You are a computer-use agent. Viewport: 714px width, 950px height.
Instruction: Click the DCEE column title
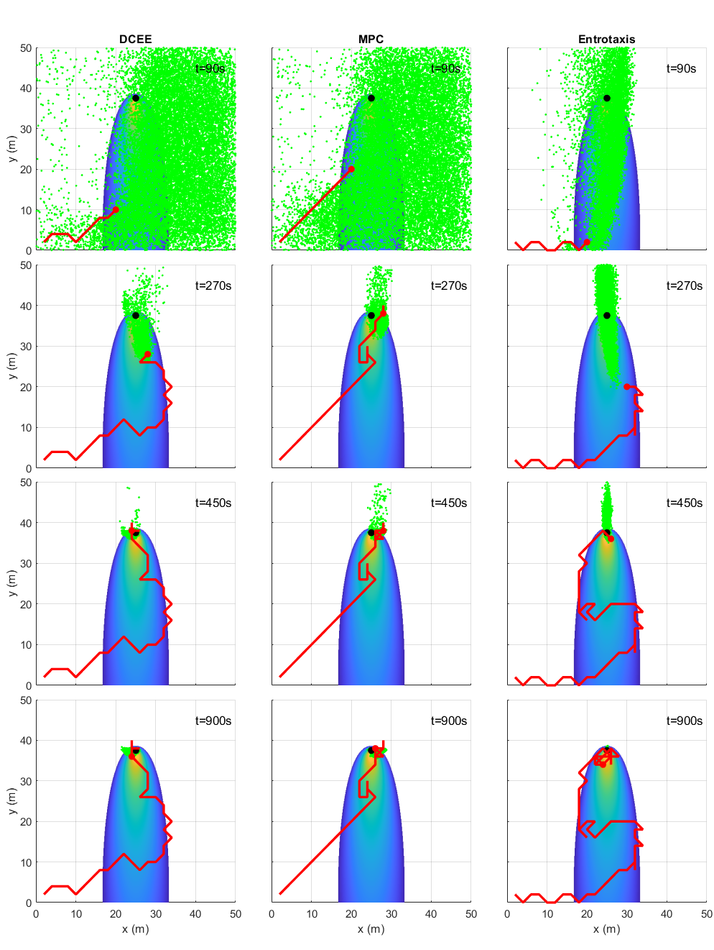[x=135, y=40]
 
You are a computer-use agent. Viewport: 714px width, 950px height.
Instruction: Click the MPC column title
[x=371, y=40]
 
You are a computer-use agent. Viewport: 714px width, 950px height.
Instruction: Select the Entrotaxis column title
[x=606, y=40]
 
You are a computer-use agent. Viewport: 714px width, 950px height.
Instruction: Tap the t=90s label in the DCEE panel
[x=210, y=68]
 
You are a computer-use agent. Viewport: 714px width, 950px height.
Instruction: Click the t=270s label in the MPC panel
[x=449, y=286]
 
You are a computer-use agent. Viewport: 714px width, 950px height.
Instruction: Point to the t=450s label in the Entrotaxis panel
[x=684, y=503]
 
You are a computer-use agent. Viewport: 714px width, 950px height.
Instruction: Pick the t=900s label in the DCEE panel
[x=213, y=721]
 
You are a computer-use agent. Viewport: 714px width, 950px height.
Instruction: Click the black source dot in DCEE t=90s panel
[x=136, y=99]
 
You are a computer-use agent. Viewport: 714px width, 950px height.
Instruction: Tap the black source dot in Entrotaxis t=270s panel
[x=607, y=316]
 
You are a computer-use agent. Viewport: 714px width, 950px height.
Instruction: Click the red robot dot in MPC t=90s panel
[x=351, y=169]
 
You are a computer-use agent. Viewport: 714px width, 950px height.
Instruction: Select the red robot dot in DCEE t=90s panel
[x=116, y=210]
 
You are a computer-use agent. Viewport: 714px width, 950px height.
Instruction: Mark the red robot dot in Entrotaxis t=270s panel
[x=626, y=386]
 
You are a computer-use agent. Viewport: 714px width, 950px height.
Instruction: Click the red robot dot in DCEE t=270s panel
[x=147, y=354]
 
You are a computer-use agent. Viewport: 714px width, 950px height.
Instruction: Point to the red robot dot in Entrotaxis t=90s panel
[x=587, y=242]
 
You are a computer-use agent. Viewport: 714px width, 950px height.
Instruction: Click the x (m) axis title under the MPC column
[x=371, y=929]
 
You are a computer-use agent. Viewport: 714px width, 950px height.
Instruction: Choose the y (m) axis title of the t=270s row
[x=12, y=366]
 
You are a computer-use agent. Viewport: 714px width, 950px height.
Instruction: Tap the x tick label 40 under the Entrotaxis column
[x=667, y=913]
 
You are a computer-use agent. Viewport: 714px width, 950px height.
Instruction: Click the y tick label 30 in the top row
[x=26, y=129]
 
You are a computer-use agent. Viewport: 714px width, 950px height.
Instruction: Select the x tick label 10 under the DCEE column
[x=76, y=913]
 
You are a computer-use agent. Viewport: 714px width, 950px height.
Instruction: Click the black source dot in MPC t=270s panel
[x=371, y=316]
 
